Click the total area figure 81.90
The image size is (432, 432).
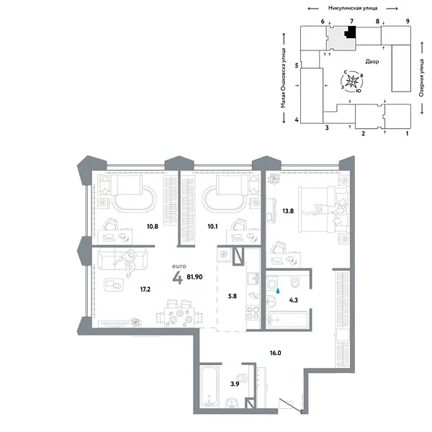coord(195,275)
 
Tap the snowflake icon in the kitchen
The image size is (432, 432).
coord(224,255)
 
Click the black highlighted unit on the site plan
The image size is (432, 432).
coord(351,32)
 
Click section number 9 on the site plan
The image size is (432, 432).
coord(408,22)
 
